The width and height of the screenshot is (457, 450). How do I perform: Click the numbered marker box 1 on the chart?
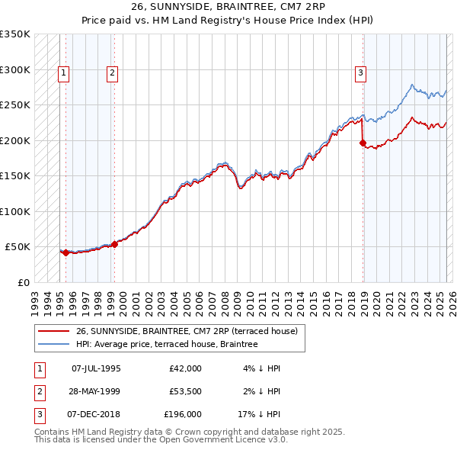[63, 73]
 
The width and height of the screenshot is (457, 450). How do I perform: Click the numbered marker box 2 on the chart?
[112, 73]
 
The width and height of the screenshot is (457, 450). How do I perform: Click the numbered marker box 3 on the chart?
[360, 73]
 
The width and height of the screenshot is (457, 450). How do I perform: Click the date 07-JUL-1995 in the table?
[96, 368]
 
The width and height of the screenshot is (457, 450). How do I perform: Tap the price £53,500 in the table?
[185, 392]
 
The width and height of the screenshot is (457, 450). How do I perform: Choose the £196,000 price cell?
[183, 416]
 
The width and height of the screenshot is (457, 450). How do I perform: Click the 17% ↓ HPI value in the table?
[264, 416]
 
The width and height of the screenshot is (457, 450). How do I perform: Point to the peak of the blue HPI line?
[411, 85]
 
